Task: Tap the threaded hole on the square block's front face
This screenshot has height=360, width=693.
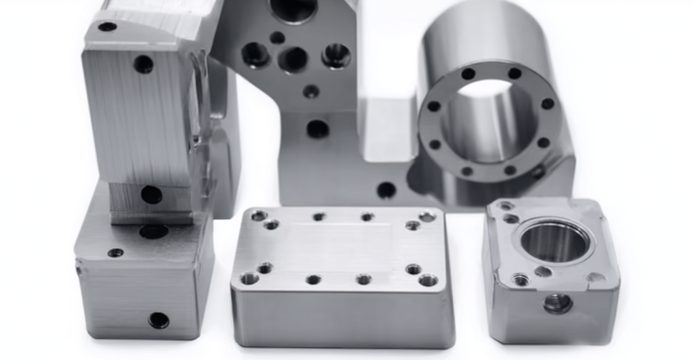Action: (557, 303)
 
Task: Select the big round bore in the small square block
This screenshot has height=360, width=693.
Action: (554, 241)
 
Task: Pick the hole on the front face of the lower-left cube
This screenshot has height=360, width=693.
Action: (158, 319)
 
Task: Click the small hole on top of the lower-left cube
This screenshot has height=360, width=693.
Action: (116, 253)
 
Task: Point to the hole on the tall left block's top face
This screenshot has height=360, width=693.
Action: (107, 27)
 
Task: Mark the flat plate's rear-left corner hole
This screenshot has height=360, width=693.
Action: (259, 215)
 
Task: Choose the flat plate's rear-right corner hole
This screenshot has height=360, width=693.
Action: (427, 216)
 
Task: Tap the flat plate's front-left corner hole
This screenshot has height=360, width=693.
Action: (250, 278)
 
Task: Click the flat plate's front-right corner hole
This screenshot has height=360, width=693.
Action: (429, 279)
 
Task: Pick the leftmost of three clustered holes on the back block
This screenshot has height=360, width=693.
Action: (255, 54)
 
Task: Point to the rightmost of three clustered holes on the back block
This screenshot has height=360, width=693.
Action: (336, 55)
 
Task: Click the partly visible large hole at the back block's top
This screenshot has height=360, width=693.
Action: (293, 9)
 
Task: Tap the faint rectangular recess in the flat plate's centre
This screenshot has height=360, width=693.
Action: (344, 244)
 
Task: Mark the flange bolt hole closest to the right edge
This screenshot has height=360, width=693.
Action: (548, 103)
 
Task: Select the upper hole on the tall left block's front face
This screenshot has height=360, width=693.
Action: (144, 64)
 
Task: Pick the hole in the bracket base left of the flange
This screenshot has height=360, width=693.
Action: (386, 189)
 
